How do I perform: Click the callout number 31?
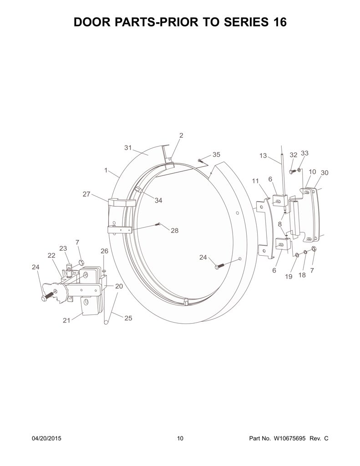[x=128, y=148]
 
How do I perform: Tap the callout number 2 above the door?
[x=181, y=135]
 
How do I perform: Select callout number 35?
[x=216, y=155]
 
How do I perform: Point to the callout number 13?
[x=263, y=156]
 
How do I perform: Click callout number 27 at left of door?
[x=86, y=194]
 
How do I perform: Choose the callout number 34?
[x=158, y=201]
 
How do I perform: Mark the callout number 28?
[x=174, y=230]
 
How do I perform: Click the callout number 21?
[x=66, y=320]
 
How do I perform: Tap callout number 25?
[x=128, y=318]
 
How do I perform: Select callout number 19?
[x=289, y=276]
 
